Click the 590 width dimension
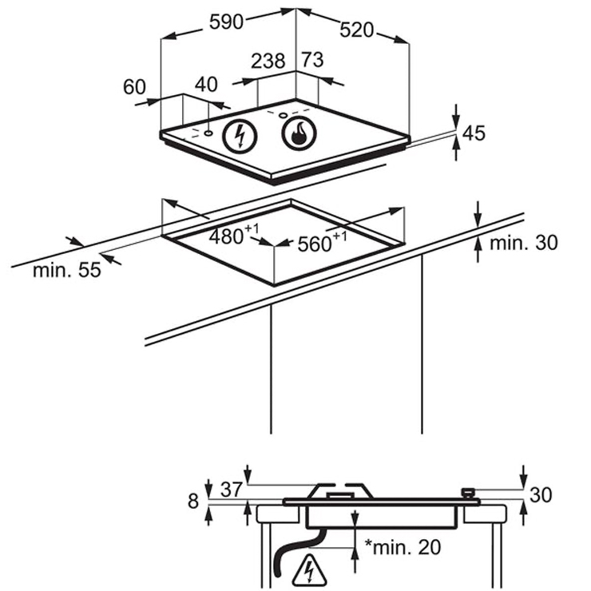[226, 22]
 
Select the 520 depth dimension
[356, 30]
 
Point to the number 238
[268, 61]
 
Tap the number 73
[312, 60]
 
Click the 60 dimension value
[134, 87]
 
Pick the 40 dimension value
[206, 85]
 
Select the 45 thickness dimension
[474, 133]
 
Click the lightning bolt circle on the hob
[240, 136]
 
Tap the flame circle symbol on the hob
[299, 133]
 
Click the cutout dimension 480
[234, 235]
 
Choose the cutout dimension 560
[323, 242]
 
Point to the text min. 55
[67, 270]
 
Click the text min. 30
[524, 243]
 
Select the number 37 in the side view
[232, 490]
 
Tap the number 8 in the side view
[193, 502]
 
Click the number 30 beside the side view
[541, 495]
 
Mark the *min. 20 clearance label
[403, 547]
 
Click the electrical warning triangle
[309, 569]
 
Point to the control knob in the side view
[467, 494]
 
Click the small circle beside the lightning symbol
[208, 133]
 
